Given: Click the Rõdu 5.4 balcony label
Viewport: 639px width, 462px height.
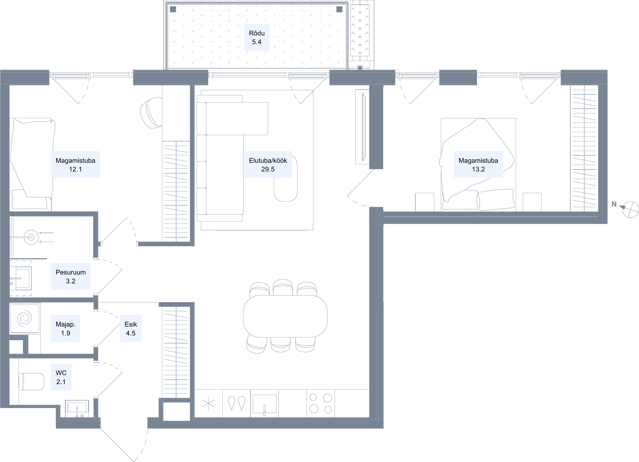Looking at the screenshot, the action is (257, 37).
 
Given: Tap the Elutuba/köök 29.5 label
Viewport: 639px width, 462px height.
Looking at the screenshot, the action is (268, 165).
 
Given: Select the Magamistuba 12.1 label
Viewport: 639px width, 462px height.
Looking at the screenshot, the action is (75, 165).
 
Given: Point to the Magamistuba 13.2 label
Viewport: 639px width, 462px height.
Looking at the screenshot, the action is (478, 165).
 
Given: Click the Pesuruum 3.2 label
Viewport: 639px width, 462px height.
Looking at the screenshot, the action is (71, 276).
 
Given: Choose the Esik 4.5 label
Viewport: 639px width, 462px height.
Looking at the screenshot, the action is (131, 329).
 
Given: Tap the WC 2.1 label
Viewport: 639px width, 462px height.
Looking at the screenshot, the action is (61, 377).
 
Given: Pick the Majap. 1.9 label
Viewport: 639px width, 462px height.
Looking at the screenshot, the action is (65, 329).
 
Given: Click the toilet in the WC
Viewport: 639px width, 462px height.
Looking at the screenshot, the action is (31, 382).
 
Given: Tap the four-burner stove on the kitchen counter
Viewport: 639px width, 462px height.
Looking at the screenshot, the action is (320, 403).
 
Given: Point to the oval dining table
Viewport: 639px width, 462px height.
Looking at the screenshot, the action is (285, 316).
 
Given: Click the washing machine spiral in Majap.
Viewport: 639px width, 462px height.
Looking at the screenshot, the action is (25, 319).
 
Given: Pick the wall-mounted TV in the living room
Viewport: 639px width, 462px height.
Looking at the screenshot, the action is (363, 127).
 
